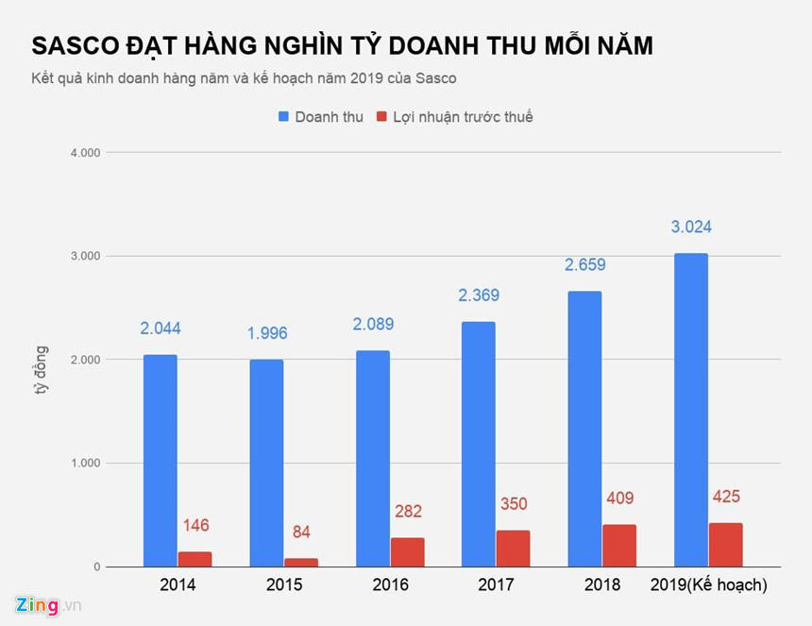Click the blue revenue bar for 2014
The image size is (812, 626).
160,461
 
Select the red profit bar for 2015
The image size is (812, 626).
301,562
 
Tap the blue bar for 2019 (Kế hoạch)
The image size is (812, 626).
691,410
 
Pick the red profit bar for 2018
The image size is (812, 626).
619,546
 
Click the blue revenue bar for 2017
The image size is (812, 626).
479,444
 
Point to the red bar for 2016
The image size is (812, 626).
407,552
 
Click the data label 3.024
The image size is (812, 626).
691,227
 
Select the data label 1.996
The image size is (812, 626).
266,333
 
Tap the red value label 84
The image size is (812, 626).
301,533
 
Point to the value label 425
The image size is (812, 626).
726,497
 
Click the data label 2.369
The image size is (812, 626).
479,296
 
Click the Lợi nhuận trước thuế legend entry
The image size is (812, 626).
454,117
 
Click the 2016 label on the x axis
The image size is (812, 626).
390,585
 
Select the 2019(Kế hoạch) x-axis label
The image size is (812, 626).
709,585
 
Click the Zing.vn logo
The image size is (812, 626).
47,605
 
